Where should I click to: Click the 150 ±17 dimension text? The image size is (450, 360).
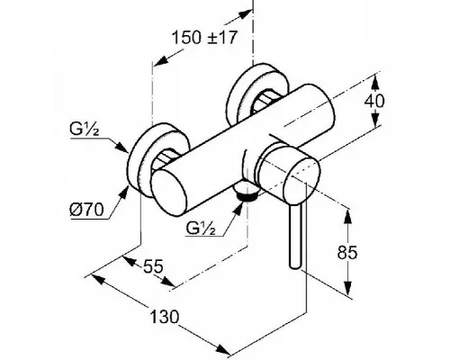(x=204, y=38)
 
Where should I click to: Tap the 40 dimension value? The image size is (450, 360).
(x=374, y=101)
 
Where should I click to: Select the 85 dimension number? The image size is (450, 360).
(x=347, y=252)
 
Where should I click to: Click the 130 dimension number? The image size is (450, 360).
(x=164, y=317)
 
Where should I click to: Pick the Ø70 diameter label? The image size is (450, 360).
(x=86, y=209)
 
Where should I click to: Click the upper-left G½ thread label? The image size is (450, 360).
(x=85, y=130)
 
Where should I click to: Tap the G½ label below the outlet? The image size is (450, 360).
(x=201, y=228)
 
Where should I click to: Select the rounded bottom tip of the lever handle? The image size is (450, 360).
(x=294, y=265)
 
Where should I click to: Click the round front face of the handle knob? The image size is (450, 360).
(x=302, y=182)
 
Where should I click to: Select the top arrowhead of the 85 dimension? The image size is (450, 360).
(x=347, y=217)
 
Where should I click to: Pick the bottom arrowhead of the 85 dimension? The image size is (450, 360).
(x=347, y=288)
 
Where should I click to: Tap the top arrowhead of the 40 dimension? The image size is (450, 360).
(x=375, y=83)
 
